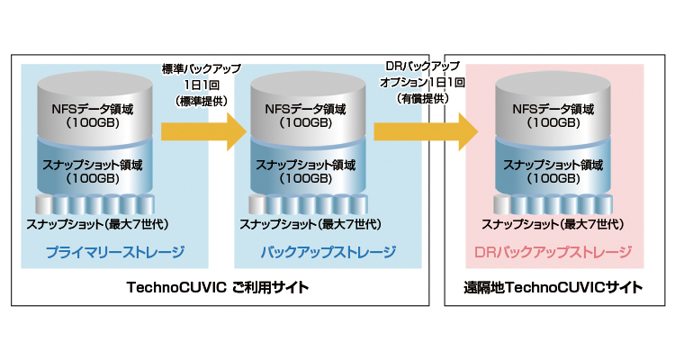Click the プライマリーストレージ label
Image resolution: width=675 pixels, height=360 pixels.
(x=113, y=251)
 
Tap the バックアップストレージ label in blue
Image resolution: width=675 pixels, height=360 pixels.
(x=315, y=251)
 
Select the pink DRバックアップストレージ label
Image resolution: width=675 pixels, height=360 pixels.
(x=553, y=251)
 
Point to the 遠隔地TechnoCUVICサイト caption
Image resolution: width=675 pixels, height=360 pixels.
(x=553, y=288)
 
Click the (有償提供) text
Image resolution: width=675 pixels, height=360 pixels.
(x=422, y=98)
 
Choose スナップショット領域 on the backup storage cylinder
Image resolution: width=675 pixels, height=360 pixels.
(x=306, y=164)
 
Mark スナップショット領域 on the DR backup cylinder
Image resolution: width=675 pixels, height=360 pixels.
(x=553, y=164)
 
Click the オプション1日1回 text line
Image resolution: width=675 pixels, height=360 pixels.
(x=422, y=82)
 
